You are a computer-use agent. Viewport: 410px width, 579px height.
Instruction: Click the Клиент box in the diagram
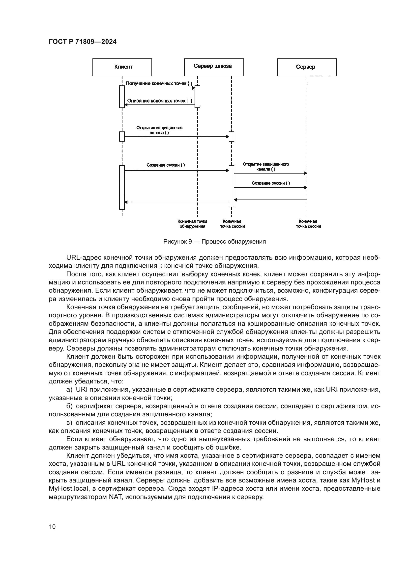122,67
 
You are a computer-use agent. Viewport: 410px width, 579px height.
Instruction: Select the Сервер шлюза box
214,67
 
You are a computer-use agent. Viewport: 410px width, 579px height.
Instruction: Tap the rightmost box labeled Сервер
307,67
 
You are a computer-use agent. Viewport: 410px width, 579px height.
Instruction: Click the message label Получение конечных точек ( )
159,83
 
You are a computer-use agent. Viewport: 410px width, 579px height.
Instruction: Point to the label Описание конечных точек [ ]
160,101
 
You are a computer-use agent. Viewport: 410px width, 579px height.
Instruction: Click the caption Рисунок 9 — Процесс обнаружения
215,242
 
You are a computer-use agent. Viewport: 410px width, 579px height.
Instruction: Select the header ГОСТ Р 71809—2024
83,42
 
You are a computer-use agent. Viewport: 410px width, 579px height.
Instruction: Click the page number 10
52,527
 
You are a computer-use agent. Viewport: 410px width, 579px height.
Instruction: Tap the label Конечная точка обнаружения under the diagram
192,224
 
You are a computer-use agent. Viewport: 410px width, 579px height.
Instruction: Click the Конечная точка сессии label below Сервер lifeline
308,224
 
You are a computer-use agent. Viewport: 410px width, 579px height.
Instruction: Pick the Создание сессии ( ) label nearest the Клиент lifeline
166,165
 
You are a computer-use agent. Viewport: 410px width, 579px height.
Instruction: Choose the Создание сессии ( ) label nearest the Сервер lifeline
271,183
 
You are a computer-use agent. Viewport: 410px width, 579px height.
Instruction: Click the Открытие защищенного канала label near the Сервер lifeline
265,167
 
